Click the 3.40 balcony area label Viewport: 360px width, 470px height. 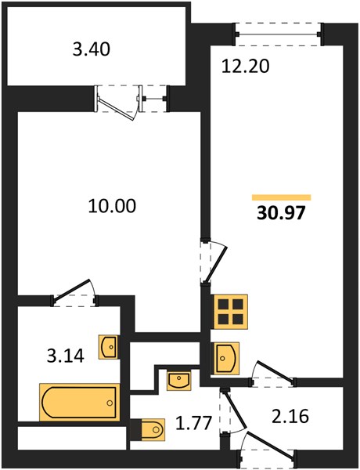pos(92,49)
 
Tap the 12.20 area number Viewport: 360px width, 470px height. pos(245,67)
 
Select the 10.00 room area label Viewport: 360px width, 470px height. pos(112,206)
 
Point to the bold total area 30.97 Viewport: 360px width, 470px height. pos(281,213)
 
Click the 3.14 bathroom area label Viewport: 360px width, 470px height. pos(66,356)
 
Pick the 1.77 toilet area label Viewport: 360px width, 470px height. pos(194,422)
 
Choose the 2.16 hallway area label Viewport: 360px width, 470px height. pos(290,417)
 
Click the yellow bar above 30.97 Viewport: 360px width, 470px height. pos(281,197)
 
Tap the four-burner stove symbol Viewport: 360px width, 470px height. pos(231,312)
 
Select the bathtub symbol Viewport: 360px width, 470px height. pos(79,402)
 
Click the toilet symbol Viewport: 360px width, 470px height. pos(148,429)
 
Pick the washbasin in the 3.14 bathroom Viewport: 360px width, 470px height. pos(108,347)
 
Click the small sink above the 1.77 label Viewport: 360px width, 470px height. pos(178,381)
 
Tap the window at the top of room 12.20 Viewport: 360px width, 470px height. pos(279,34)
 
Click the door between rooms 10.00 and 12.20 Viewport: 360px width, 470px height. pos(213,261)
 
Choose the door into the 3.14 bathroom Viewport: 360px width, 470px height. pos(75,293)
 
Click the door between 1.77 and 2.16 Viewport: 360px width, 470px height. pos(232,410)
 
